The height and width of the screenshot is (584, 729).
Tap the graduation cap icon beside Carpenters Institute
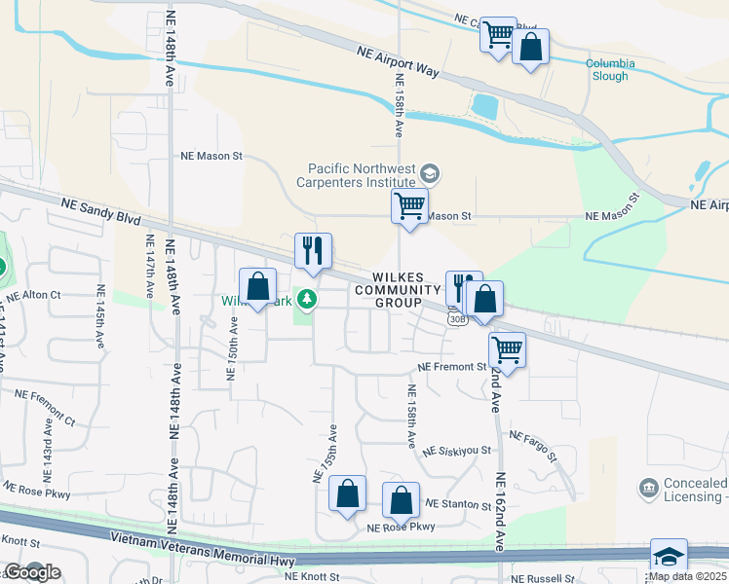pos(430,174)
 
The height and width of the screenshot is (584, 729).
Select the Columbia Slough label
pos(610,70)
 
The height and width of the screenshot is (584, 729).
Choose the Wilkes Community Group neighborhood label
pos(398,289)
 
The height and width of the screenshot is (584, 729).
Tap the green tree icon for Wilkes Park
pos(308,299)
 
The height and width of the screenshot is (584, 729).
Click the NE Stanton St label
pos(459,505)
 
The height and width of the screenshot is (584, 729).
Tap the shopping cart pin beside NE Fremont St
pos(507,348)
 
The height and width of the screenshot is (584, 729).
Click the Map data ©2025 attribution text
pos(687,576)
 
